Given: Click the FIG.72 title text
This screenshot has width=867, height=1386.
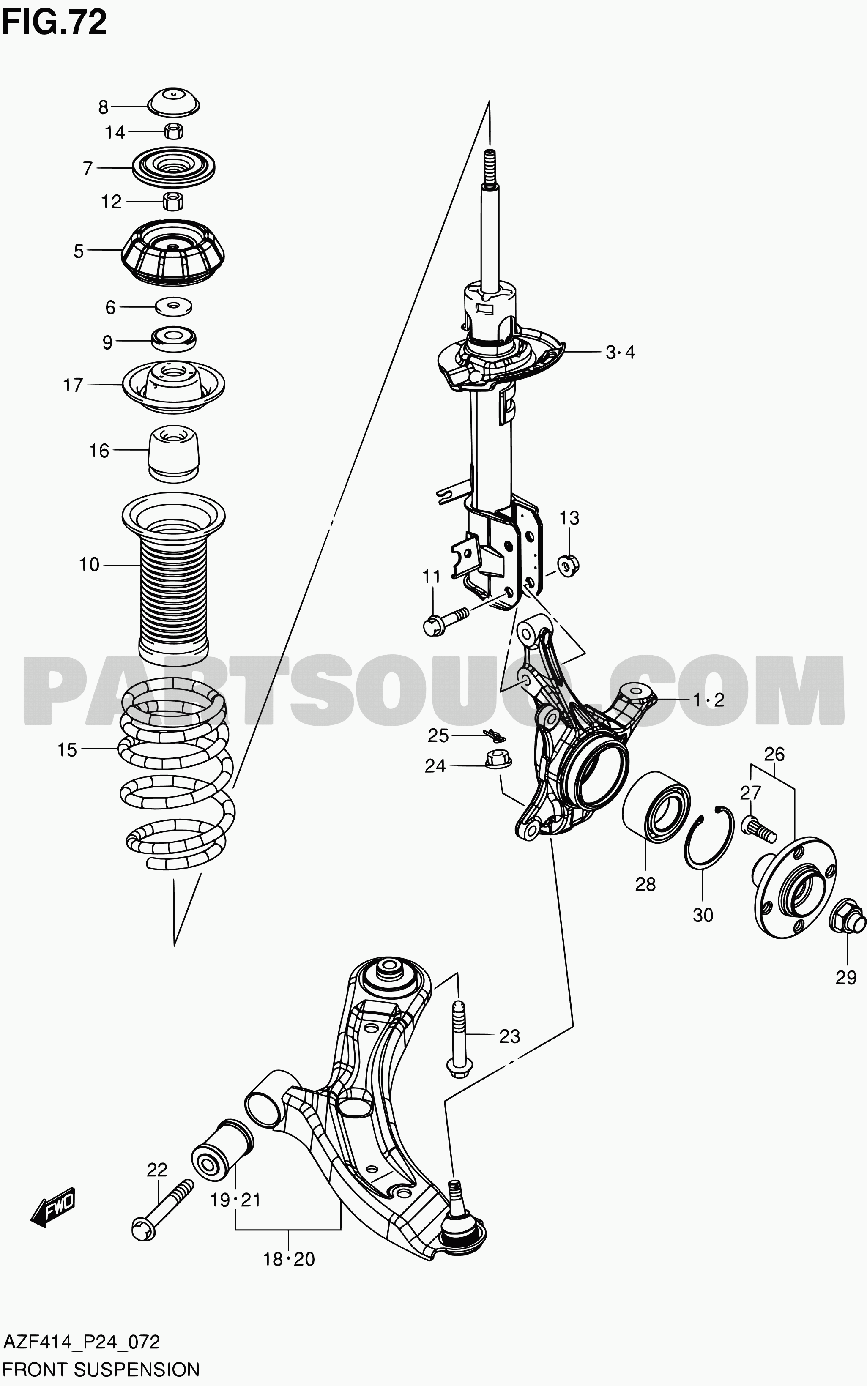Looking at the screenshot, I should coord(54,23).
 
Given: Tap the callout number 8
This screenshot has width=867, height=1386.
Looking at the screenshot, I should coord(103,107).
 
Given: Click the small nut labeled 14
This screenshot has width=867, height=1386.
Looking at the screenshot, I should coord(174,131).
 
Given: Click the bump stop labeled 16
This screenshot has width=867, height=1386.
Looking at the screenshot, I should coord(174,453).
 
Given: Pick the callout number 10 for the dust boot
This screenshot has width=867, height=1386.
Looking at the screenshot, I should coord(89,565).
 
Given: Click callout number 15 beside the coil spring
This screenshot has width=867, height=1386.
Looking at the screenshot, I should coord(67,750).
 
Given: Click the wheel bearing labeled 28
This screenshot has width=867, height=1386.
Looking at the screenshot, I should coord(656,808).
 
